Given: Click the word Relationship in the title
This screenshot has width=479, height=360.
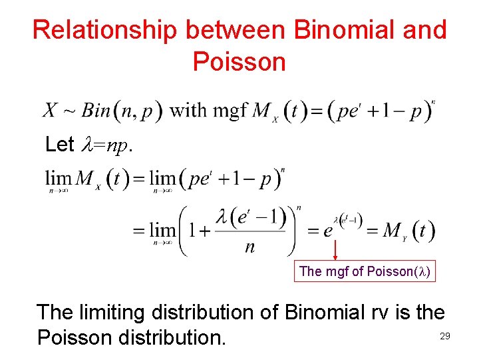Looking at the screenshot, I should point(104,30).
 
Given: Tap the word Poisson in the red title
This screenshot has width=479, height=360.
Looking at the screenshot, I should point(239,62).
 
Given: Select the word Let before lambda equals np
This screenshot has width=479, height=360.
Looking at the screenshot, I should point(59,144).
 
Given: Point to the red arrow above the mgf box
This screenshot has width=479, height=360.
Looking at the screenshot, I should point(334,249).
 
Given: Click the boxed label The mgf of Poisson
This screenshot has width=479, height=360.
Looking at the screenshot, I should point(365,271).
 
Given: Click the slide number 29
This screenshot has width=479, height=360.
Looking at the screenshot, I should point(445,337).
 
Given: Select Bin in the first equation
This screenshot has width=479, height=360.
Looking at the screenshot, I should point(96,110).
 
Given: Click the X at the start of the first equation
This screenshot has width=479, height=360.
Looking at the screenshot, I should point(51,110).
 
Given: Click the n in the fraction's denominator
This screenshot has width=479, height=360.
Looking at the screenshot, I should point(250,247).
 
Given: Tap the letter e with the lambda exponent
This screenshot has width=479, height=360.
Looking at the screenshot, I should point(329,231).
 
